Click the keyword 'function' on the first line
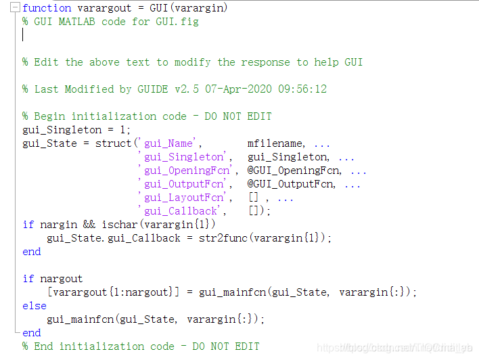click(x=47, y=8)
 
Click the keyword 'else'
click(x=35, y=306)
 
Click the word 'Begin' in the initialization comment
click(x=49, y=116)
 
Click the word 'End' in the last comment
click(x=43, y=346)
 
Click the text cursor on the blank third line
click(x=23, y=35)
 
